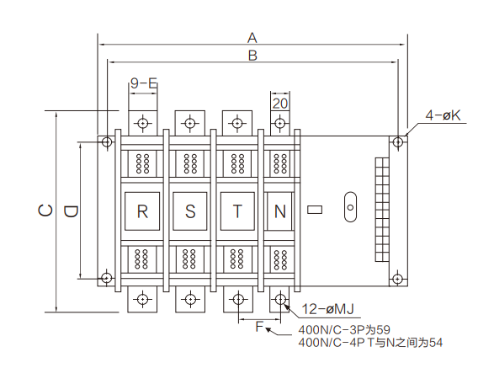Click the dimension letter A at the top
[x=252, y=38]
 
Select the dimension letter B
[x=252, y=56]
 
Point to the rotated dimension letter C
[x=45, y=211]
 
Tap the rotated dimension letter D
[x=71, y=211]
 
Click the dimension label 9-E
[x=144, y=83]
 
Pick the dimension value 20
[x=280, y=104]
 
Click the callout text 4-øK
[x=443, y=115]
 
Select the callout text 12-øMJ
[x=327, y=309]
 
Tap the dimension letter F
[x=259, y=327]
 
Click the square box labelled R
[x=142, y=211]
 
